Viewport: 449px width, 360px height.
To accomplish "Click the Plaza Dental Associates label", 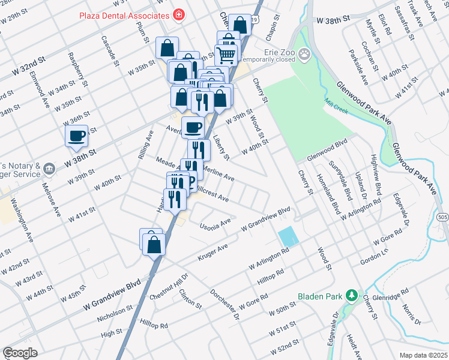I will pos(124,14).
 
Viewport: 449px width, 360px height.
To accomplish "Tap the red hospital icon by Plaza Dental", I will pos(178,14).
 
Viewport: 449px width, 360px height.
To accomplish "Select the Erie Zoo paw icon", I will pos(306,55).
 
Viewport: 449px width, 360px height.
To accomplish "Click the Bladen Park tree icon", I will pos(352,296).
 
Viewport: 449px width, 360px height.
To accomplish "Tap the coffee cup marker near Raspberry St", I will pos(77,136).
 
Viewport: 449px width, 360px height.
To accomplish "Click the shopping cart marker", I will pos(228,55).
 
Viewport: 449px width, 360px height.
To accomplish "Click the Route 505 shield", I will pos(442,217).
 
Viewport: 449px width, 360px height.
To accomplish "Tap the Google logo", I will pos(20,353).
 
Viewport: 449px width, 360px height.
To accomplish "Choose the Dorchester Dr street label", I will pos(224,304).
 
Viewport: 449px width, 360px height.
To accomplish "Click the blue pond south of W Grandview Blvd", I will pos(288,235).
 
